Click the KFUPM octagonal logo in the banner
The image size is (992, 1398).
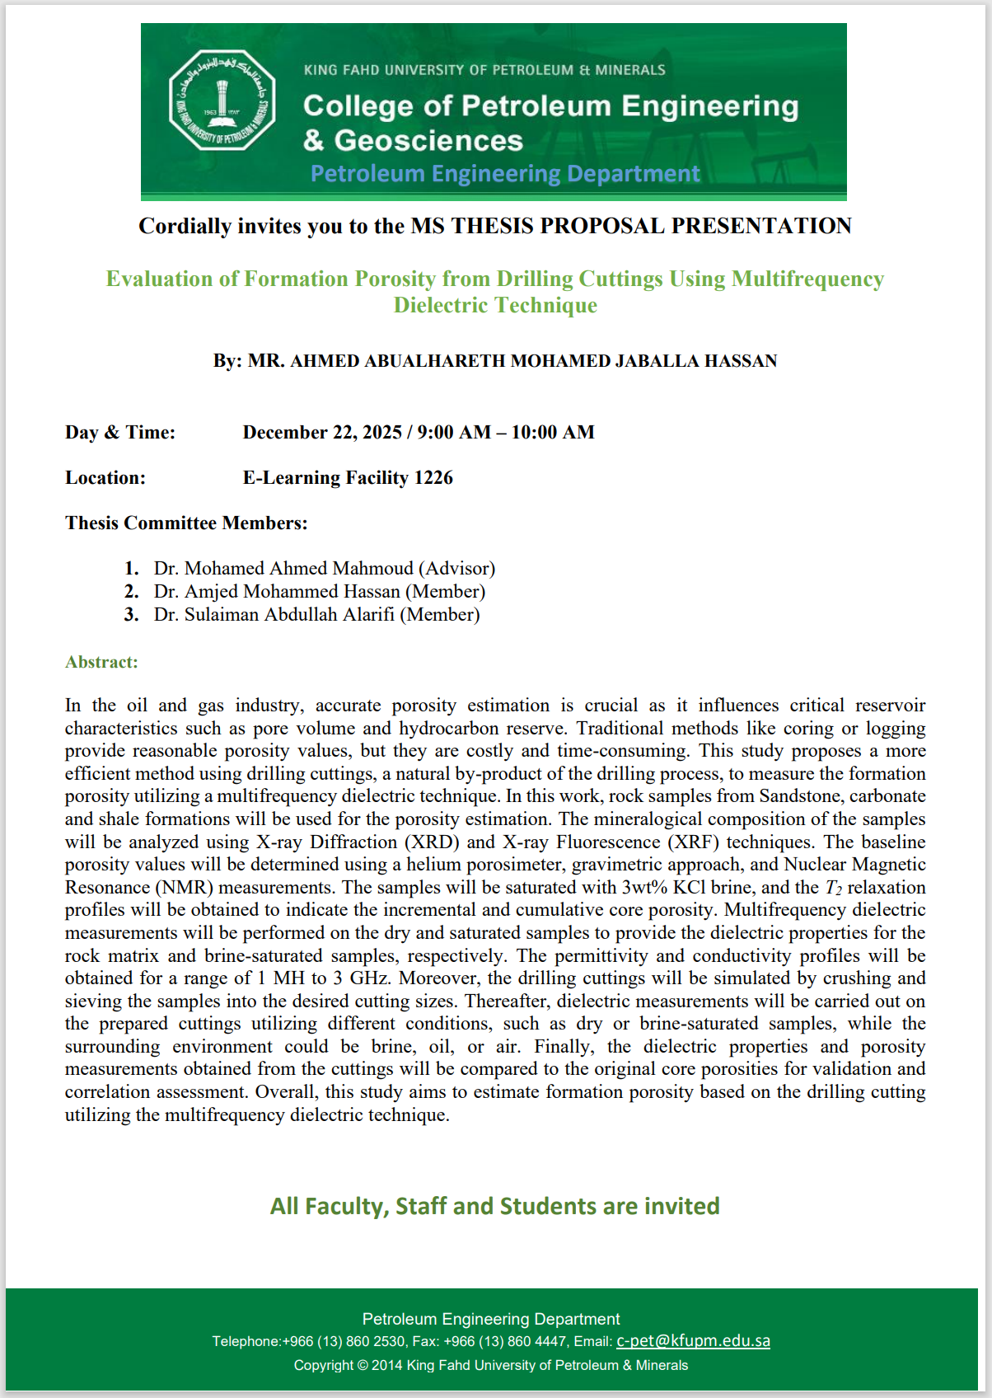click(222, 101)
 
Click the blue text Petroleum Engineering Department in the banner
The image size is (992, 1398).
click(505, 174)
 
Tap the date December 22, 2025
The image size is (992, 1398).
click(322, 433)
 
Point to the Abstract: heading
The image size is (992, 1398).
click(101, 662)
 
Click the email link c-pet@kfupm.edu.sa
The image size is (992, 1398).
click(693, 1341)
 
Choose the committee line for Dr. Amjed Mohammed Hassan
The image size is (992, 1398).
click(319, 592)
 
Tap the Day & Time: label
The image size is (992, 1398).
click(120, 433)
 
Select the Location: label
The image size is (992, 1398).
click(105, 478)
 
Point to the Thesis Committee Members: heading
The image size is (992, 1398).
click(186, 523)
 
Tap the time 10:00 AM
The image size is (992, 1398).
click(553, 433)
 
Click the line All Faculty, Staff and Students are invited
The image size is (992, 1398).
click(495, 1206)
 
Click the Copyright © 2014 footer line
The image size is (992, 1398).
click(491, 1365)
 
